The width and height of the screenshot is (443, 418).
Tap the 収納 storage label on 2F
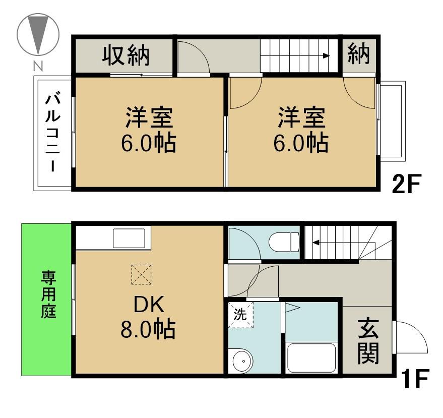(x=126, y=55)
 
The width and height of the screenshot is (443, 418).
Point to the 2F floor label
(x=406, y=185)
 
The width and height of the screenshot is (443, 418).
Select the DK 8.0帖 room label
(x=147, y=318)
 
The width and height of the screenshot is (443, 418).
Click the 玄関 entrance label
(x=368, y=343)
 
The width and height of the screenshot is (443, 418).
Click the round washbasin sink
(x=243, y=361)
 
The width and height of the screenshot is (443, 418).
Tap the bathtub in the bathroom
(x=311, y=358)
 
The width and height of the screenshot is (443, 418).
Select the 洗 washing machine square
(x=240, y=316)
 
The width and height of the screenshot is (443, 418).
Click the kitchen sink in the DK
(x=132, y=238)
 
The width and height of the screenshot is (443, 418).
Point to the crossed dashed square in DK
(x=142, y=275)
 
